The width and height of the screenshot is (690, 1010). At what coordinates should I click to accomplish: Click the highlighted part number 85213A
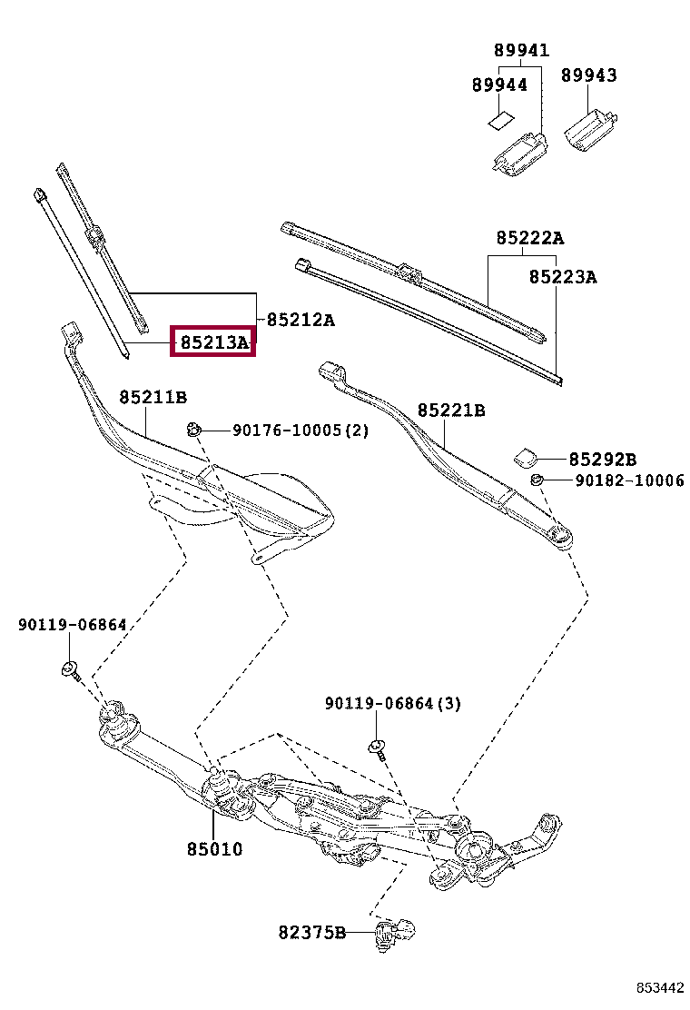[x=213, y=342]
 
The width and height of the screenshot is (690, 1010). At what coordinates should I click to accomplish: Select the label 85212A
[x=300, y=320]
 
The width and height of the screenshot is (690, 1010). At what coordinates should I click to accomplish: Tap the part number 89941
[x=521, y=51]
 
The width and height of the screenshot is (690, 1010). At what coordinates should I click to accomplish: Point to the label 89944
[x=499, y=84]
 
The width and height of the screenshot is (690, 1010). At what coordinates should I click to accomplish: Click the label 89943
[x=588, y=75]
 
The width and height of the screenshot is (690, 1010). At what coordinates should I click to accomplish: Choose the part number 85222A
[x=529, y=238]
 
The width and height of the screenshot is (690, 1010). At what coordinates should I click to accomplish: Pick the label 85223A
[x=563, y=276]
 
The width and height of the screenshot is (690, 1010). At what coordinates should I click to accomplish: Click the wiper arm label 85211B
[x=153, y=397]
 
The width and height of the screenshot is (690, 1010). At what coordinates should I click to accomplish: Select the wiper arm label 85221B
[x=451, y=411]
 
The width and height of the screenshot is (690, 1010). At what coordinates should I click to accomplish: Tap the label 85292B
[x=603, y=460]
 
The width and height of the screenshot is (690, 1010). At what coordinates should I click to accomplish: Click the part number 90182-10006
[x=629, y=480]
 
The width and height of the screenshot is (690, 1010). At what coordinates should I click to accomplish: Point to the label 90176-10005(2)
[x=301, y=431]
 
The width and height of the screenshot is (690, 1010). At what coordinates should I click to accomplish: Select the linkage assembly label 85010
[x=215, y=849]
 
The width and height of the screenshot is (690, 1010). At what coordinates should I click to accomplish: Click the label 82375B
[x=312, y=932]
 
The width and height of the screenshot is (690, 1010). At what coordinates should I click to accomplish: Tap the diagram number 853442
[x=658, y=987]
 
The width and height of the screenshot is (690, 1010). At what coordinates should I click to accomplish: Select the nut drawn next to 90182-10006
[x=537, y=480]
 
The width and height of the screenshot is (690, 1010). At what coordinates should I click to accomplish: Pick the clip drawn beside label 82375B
[x=397, y=932]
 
